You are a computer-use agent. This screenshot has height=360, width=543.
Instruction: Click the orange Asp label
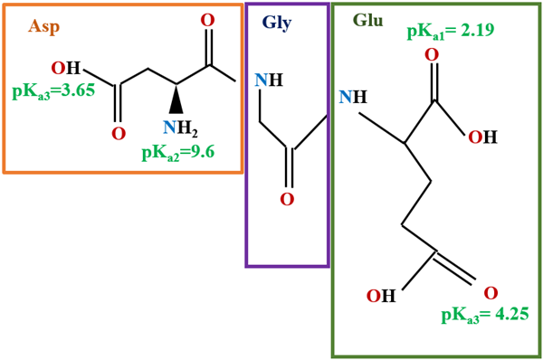(43, 26)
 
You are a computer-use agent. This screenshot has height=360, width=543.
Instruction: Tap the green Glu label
(367, 20)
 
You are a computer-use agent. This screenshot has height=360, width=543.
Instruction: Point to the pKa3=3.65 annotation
(53, 90)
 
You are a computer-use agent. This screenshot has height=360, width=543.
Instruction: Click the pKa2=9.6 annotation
(177, 151)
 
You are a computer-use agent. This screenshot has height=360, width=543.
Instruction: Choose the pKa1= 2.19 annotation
(449, 31)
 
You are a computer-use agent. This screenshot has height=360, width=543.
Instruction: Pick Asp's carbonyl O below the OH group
(118, 134)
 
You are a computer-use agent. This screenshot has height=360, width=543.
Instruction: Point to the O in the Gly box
(287, 199)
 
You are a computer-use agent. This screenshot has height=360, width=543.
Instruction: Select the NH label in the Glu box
(353, 97)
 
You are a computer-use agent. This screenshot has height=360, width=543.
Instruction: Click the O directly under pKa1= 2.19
(432, 56)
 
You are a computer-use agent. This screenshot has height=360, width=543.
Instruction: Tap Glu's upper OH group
(482, 137)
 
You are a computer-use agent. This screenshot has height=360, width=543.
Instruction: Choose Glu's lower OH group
(381, 296)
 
